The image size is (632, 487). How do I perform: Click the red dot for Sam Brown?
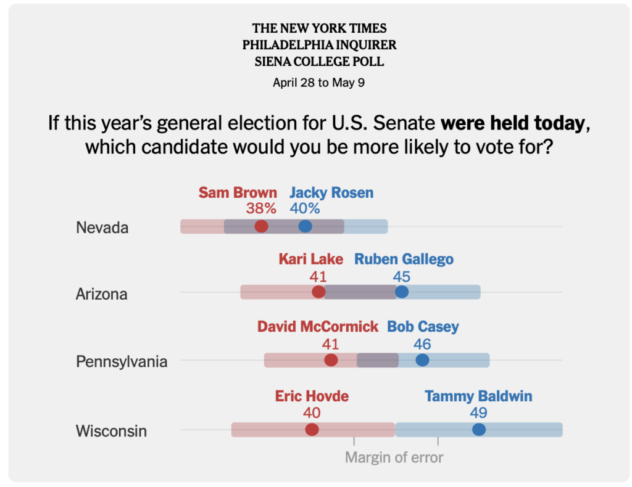coord(261,226)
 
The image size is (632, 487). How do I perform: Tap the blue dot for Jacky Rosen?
coord(305,226)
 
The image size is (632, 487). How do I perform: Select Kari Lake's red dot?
coord(318,292)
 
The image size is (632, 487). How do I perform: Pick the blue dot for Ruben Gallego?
coord(402,292)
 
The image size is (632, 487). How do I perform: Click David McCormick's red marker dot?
coord(331,360)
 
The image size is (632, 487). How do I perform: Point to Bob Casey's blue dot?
coord(422,360)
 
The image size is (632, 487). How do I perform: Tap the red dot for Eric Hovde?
coord(312,430)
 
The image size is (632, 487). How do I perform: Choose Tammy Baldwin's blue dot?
coord(478,430)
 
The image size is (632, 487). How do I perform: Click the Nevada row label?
coord(102,227)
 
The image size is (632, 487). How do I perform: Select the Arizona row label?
coord(101,294)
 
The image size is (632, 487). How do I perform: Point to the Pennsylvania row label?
coord(122,361)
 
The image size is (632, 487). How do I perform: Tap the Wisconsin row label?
coord(111,431)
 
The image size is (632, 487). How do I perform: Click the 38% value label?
coord(261,208)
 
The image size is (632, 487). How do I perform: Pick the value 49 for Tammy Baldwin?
coord(478,412)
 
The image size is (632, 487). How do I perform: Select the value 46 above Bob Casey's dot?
coord(422,344)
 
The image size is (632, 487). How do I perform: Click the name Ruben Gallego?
coord(404,259)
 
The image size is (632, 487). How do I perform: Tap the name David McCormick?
coord(318,327)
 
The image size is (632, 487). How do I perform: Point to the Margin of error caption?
coord(394,457)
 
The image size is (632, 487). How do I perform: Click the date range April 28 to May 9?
coord(318,83)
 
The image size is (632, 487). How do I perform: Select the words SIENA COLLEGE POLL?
coord(319,62)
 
